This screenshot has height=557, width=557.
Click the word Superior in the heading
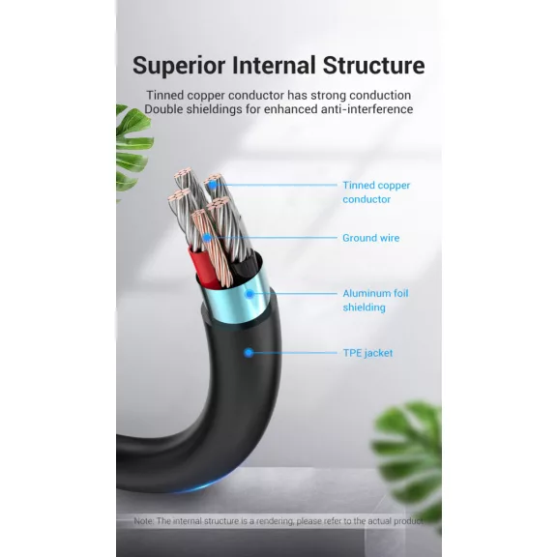(179, 66)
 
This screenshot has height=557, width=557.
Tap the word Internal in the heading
(274, 65)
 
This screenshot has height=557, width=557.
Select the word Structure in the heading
(373, 65)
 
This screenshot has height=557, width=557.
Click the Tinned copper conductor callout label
(376, 192)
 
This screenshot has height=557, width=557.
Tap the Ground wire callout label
(371, 238)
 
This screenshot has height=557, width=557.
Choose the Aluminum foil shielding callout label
(375, 300)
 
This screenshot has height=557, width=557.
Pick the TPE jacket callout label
(367, 353)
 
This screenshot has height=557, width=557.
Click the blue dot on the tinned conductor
(213, 185)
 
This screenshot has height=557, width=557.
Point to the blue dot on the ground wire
(207, 237)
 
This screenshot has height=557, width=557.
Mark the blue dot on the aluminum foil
(249, 294)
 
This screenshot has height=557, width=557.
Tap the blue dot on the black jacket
(249, 352)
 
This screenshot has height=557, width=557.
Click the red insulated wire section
(203, 267)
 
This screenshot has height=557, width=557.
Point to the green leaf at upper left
(132, 149)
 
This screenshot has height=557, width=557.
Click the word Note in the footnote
(143, 521)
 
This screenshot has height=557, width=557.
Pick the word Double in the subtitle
(163, 109)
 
